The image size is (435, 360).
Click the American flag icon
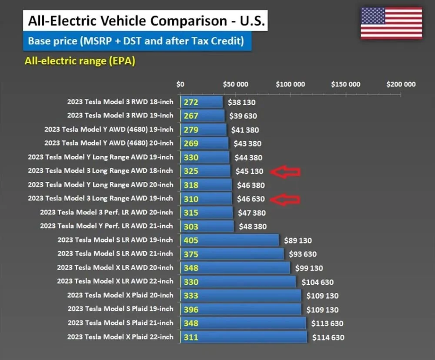[391, 23]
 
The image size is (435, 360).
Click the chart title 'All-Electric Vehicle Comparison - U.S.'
[145, 21]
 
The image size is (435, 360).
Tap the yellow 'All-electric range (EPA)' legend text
[80, 61]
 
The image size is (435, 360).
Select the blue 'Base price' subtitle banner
[136, 41]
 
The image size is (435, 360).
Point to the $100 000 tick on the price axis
[290, 84]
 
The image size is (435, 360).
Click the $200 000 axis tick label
[401, 84]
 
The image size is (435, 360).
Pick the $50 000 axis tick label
[235, 84]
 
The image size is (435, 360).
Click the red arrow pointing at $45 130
[285, 171]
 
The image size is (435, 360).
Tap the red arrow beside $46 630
[285, 199]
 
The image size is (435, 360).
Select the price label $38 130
[241, 103]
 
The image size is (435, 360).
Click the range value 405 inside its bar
[191, 240]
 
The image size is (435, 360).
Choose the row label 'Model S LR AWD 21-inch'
[115, 253]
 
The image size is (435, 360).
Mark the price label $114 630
[328, 337]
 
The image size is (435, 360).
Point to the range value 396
[191, 310]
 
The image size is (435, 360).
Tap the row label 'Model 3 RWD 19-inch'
[120, 116]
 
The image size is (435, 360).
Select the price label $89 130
[298, 240]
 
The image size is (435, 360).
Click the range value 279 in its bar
[191, 130]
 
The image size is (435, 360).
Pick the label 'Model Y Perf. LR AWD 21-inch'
[106, 226]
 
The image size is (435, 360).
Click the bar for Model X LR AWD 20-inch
[235, 267]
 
